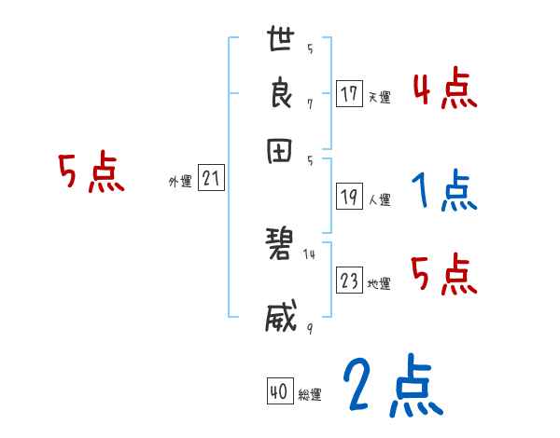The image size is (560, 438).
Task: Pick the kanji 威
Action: tap(281, 317)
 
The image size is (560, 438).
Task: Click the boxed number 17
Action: tap(349, 93)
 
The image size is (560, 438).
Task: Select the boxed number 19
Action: tap(349, 196)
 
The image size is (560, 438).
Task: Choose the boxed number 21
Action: tap(210, 179)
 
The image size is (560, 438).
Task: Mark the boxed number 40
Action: tap(277, 392)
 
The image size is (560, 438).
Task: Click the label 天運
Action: tap(379, 97)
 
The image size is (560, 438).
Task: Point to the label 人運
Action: tap(379, 199)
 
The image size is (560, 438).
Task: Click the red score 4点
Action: tap(444, 91)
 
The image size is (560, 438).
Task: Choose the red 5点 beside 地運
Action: tap(444, 275)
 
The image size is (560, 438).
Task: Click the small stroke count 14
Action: tap(310, 253)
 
